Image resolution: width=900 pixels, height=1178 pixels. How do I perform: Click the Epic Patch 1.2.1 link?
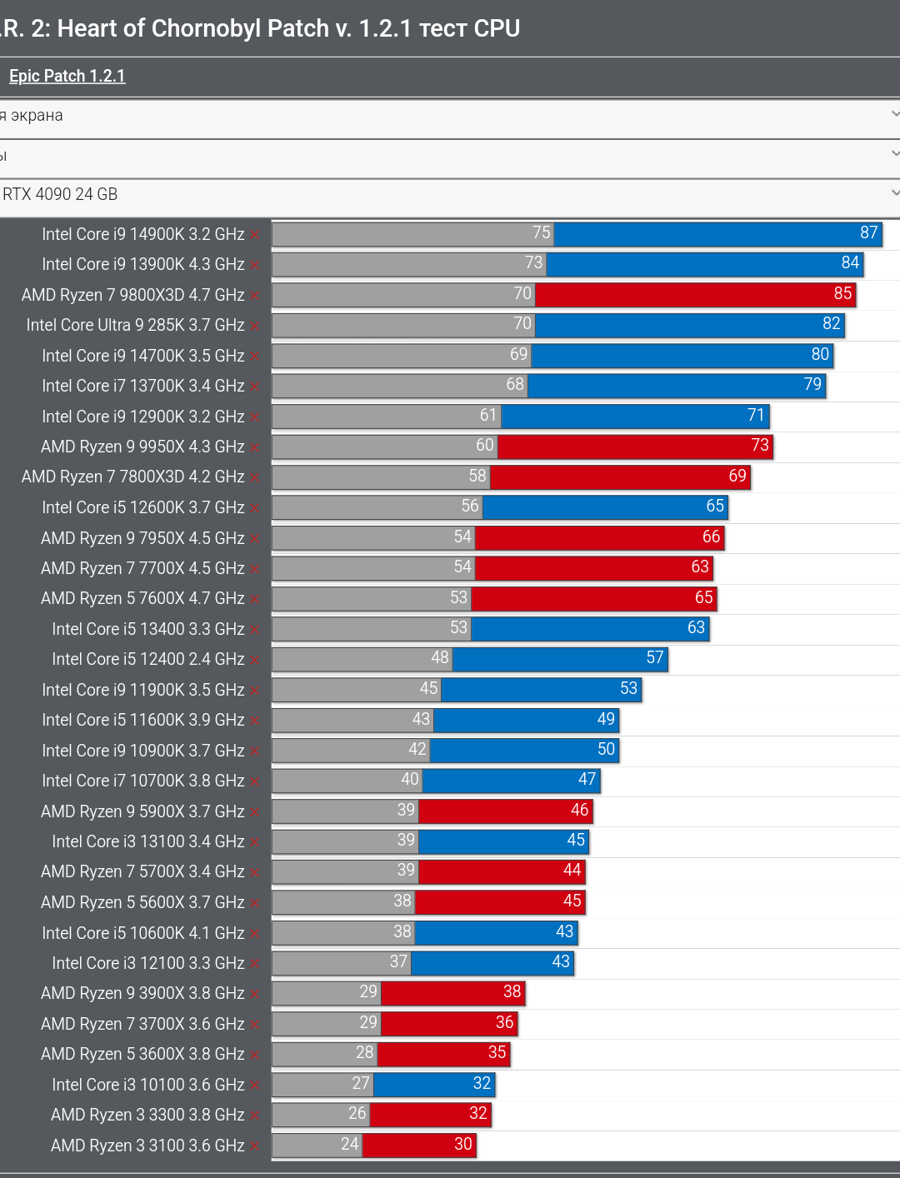click(x=67, y=76)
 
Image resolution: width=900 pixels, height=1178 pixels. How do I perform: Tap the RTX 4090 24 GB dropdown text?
click(x=60, y=194)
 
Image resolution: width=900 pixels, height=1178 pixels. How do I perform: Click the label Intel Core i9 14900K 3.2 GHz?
click(x=143, y=234)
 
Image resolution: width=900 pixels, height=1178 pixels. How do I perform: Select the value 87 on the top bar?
click(x=868, y=232)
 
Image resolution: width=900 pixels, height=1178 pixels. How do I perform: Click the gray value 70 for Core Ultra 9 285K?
click(x=522, y=323)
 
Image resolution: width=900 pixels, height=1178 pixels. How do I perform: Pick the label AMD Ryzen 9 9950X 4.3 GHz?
click(x=142, y=447)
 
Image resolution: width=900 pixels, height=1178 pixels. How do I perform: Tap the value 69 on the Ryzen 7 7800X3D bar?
click(x=737, y=476)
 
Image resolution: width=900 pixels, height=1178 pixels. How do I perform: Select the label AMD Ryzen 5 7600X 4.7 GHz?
click(x=142, y=598)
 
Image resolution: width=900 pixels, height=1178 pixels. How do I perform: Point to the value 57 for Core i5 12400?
click(x=655, y=658)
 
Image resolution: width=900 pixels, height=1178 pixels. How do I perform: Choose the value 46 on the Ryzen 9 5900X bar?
click(x=580, y=810)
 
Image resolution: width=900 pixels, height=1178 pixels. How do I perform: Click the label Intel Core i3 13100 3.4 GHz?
click(x=148, y=841)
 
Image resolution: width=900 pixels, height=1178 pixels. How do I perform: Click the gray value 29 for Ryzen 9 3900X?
click(x=368, y=991)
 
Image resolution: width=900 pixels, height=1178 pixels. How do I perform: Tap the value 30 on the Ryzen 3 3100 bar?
click(x=463, y=1144)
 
